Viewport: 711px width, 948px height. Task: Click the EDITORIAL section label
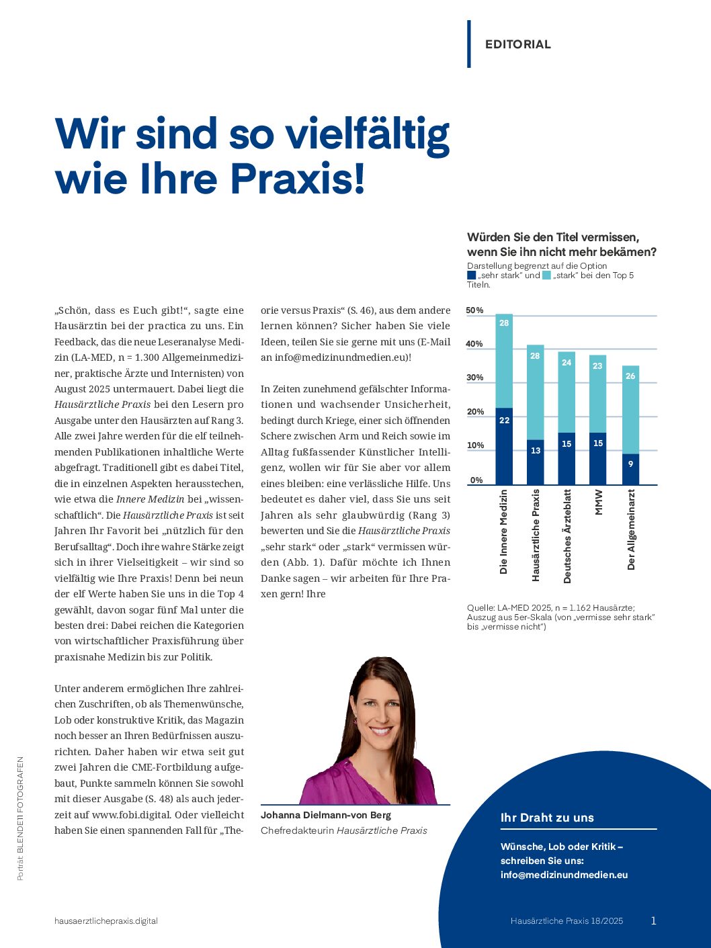(517, 44)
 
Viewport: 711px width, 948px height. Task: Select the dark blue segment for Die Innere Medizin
(504, 446)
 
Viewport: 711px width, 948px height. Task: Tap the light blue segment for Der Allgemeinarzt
(630, 410)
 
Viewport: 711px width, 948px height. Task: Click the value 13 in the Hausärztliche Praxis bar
(535, 451)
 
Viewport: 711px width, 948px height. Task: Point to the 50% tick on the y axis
(474, 310)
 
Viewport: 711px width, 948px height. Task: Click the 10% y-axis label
(474, 445)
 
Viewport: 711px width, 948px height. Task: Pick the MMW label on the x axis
(599, 502)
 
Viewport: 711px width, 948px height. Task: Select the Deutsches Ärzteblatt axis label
(567, 535)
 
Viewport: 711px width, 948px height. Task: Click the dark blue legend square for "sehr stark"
(471, 275)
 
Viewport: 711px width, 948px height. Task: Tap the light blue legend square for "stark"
(546, 275)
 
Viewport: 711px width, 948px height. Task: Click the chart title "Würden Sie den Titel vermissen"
(553, 237)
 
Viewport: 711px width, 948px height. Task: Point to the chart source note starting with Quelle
(560, 617)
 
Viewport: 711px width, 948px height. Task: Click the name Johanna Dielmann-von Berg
(326, 815)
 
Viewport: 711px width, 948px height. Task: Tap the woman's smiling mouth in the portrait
(380, 730)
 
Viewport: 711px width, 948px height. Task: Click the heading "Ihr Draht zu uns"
(547, 818)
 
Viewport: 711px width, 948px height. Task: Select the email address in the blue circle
(564, 875)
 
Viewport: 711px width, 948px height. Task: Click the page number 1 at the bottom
(653, 920)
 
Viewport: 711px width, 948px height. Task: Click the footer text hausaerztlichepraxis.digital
(106, 920)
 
